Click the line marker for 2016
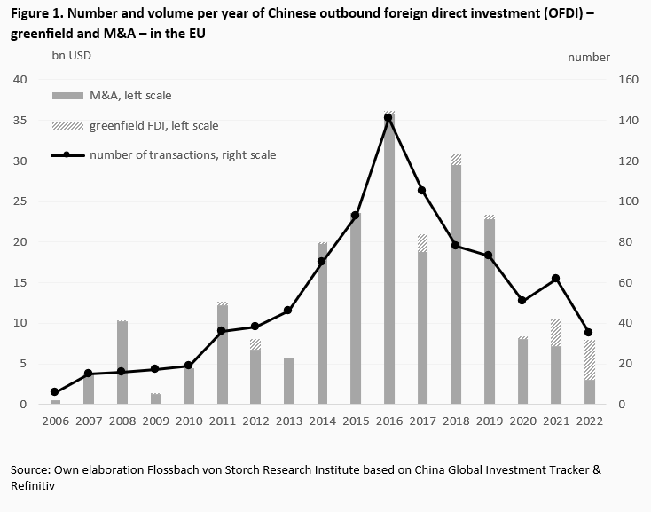tap(388, 118)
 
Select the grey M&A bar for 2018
tap(455, 284)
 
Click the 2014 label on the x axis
tap(321, 422)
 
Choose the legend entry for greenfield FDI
tap(153, 125)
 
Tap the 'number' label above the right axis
tap(589, 57)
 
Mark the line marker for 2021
tap(555, 279)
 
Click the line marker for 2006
tap(55, 392)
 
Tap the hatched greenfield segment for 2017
tap(421, 242)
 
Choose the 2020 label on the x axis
tap(522, 422)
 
